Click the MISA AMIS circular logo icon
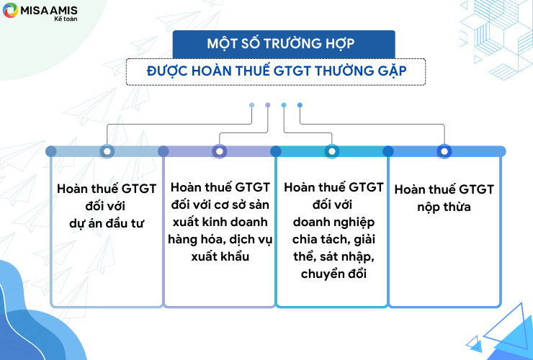click(10, 10)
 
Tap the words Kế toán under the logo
click(66, 19)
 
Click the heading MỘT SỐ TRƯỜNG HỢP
click(281, 43)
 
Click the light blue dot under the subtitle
click(251, 105)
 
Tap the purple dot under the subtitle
click(268, 105)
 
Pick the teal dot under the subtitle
click(284, 105)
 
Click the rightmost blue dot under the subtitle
click(300, 105)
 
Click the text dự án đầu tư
click(107, 223)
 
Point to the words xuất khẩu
click(220, 256)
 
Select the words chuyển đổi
click(333, 274)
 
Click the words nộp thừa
click(444, 207)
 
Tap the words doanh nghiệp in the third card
click(333, 222)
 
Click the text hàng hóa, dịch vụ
click(220, 239)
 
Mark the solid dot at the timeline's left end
click(51, 151)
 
